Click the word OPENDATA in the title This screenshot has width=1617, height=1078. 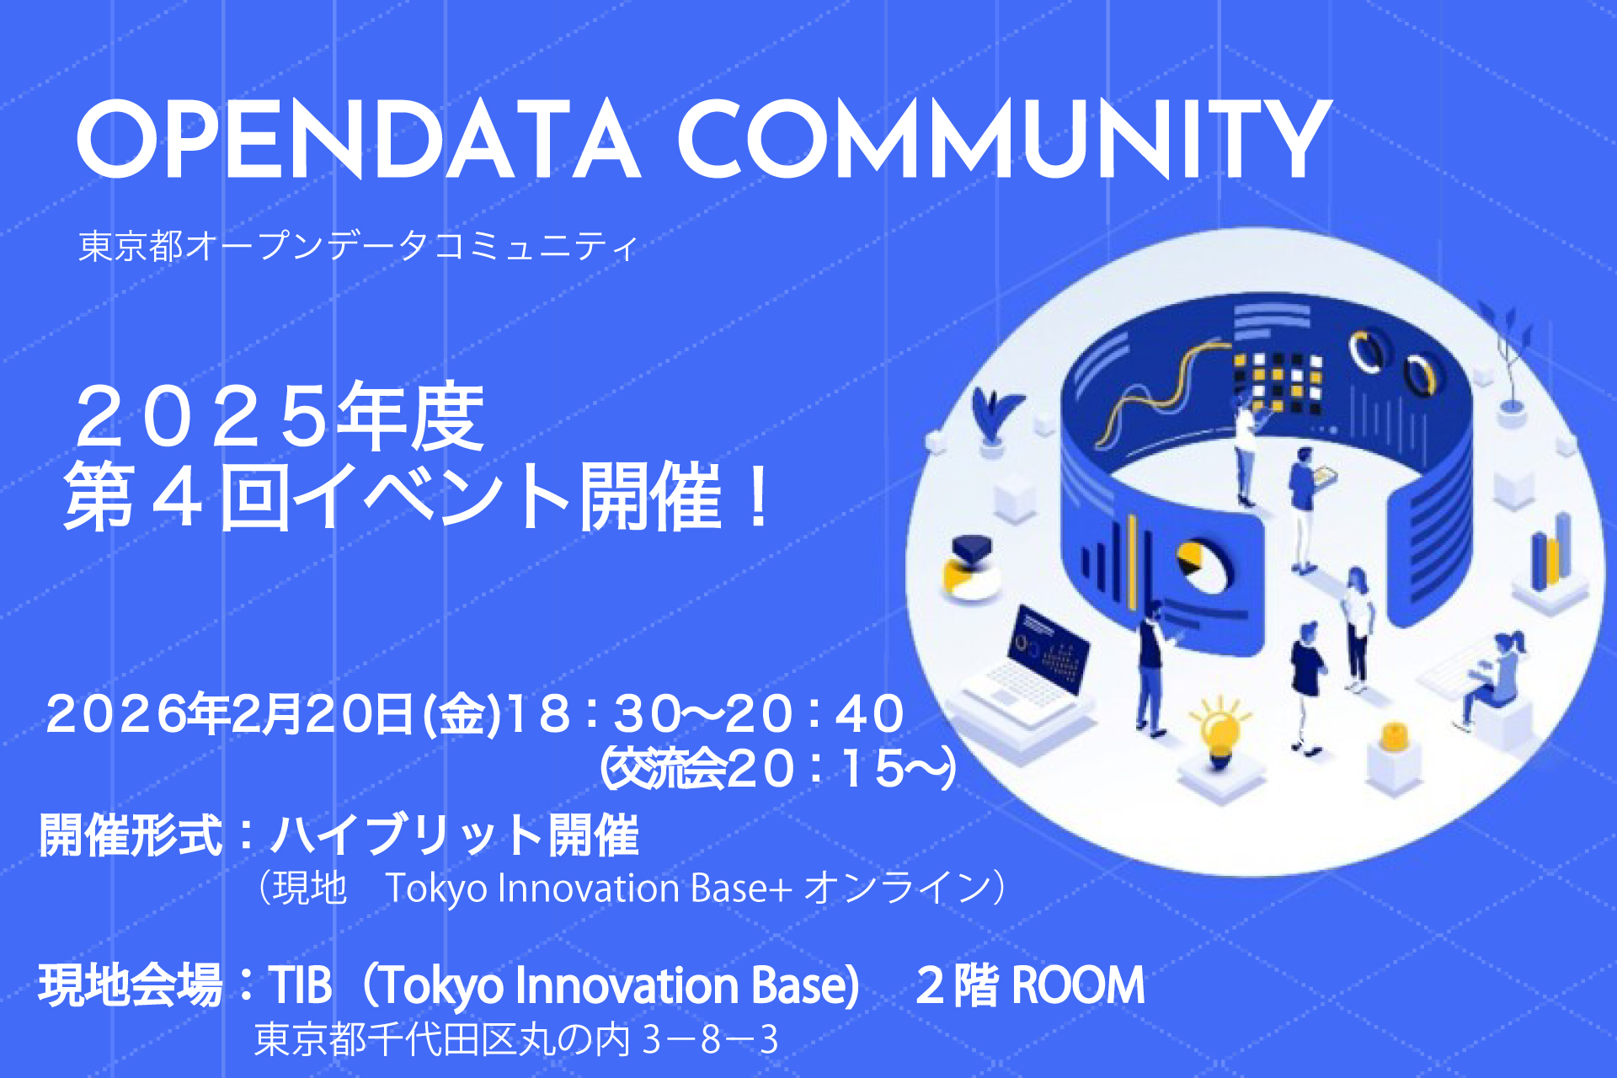[x=359, y=139]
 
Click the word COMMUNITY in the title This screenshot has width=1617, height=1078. [x=1005, y=139]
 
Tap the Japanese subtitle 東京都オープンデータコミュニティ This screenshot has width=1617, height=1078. [x=359, y=246]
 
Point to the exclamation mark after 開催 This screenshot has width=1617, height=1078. [x=759, y=497]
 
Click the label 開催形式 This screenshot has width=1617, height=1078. [x=131, y=835]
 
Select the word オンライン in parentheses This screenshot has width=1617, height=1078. [x=896, y=889]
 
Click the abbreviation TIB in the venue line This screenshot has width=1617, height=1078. [x=300, y=985]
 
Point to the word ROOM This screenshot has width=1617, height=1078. [x=1078, y=985]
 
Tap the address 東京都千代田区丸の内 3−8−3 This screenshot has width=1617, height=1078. [x=516, y=1040]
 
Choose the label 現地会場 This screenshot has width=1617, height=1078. [x=131, y=985]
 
